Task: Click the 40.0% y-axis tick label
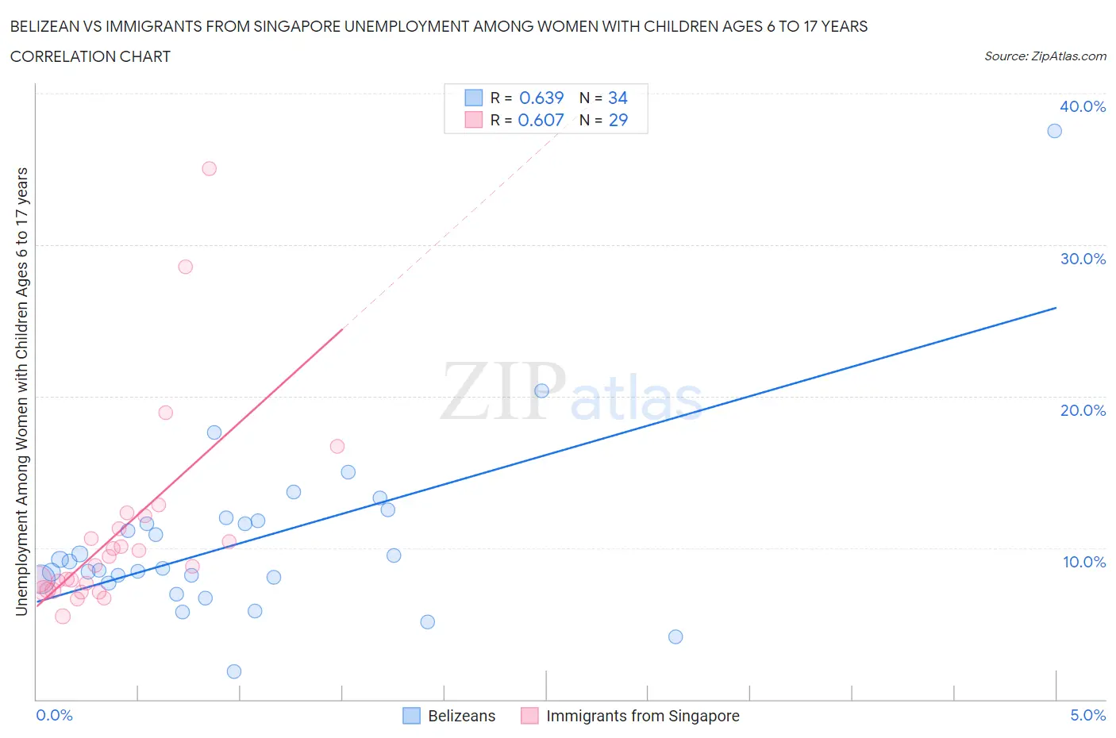click(x=1083, y=106)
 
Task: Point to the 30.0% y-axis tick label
click(x=1083, y=259)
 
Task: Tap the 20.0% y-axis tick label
click(x=1083, y=410)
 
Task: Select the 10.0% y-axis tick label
click(x=1083, y=562)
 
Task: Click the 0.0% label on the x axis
click(x=54, y=715)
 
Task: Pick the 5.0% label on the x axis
click(x=1087, y=715)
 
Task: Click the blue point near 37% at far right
click(x=1054, y=131)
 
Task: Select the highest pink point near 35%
click(x=210, y=168)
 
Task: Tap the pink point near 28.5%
click(x=186, y=267)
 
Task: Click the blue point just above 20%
click(x=542, y=390)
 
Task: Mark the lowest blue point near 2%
click(x=234, y=671)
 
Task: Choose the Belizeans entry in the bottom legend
click(x=461, y=716)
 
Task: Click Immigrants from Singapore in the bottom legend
click(x=642, y=716)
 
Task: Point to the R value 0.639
click(x=541, y=98)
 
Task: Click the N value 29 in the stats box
click(x=618, y=120)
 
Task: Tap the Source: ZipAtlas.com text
click(x=1045, y=56)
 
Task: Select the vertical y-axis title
click(x=22, y=391)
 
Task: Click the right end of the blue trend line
click(x=1056, y=308)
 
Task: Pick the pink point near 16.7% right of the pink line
click(x=337, y=446)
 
